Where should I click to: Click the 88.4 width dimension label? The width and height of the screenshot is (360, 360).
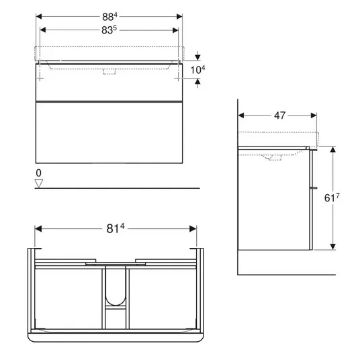109,17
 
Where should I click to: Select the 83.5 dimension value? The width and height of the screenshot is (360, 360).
109,30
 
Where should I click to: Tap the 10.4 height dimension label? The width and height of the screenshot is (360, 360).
197,70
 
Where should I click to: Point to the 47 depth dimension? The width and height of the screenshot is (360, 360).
279,116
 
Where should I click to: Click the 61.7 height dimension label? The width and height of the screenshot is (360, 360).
332,197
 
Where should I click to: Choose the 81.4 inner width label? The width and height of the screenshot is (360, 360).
116,228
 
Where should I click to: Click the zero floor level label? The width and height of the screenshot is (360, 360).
38,173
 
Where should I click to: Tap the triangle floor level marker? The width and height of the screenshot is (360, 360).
38,183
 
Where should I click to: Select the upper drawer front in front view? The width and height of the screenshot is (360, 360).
109,82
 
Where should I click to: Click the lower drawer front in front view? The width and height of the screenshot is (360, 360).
109,132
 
